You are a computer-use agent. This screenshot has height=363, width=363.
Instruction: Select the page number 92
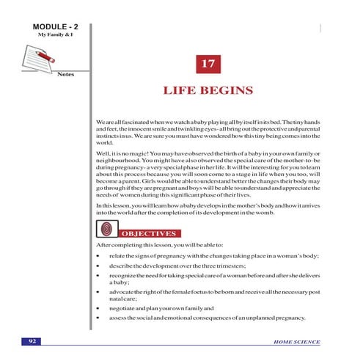click(32, 342)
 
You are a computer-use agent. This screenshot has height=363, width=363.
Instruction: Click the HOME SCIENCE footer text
click(296, 342)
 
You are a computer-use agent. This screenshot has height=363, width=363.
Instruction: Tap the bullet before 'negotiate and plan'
click(98, 308)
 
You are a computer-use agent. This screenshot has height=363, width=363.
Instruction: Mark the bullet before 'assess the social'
click(98, 319)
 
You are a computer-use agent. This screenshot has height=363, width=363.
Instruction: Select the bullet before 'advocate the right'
click(98, 292)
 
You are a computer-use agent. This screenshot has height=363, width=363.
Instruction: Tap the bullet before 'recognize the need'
click(98, 275)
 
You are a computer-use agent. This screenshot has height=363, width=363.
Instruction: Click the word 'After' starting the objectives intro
click(104, 243)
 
